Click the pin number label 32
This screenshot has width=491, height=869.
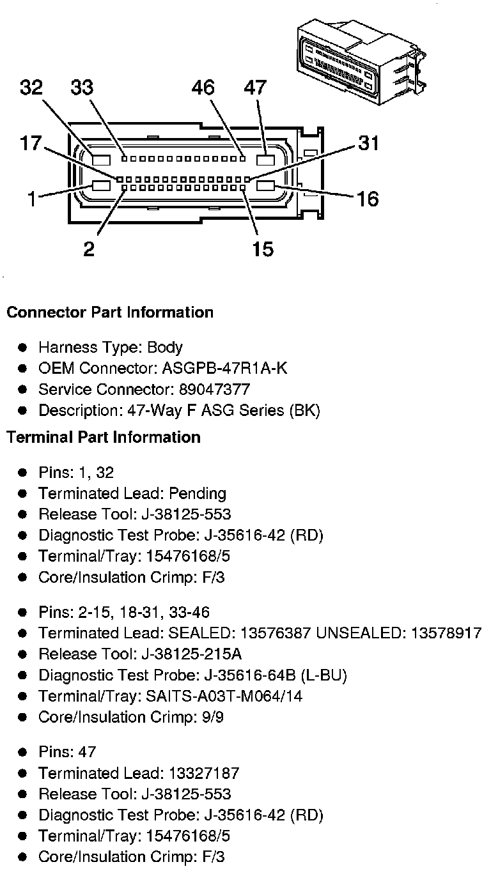(31, 88)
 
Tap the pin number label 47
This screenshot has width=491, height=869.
(254, 88)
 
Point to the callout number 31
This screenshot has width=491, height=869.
(368, 142)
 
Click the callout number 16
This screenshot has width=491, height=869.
(368, 199)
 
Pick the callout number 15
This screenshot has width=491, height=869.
(263, 248)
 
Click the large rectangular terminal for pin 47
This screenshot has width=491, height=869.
(265, 160)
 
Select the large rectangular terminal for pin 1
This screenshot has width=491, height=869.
(101, 186)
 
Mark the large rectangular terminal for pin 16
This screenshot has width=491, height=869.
(265, 186)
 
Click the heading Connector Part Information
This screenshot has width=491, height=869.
(110, 312)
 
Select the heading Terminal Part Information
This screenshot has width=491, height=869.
(104, 437)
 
